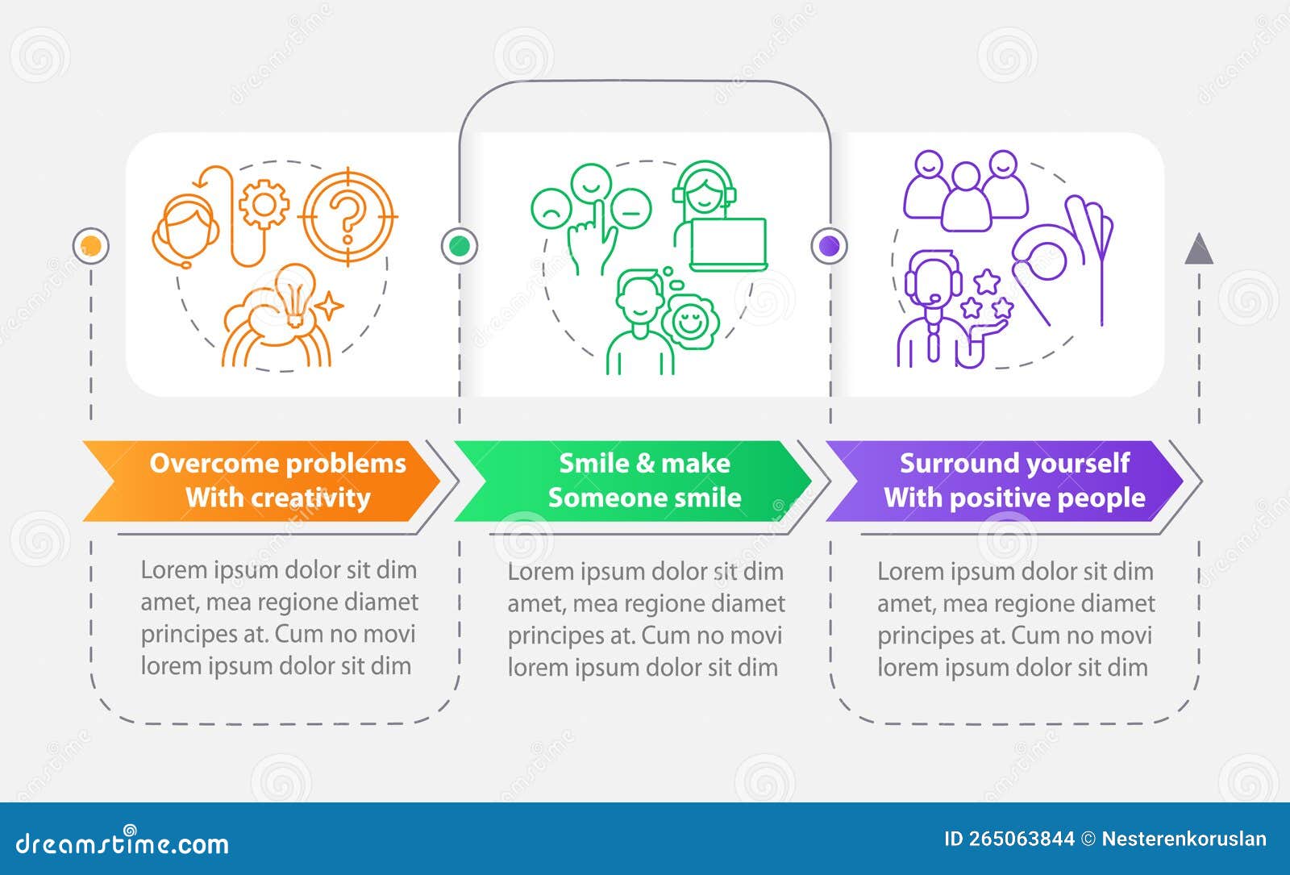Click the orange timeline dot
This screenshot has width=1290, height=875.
(91, 245)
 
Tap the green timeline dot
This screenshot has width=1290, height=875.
(459, 245)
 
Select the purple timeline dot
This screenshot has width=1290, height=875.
(829, 245)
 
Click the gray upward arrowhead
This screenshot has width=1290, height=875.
(1199, 249)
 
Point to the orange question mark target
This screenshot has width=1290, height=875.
(347, 215)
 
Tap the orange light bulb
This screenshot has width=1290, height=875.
(293, 294)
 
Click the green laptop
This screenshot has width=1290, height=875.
(728, 244)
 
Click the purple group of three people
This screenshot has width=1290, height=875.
(966, 190)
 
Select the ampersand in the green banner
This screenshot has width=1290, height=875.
(645, 463)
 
